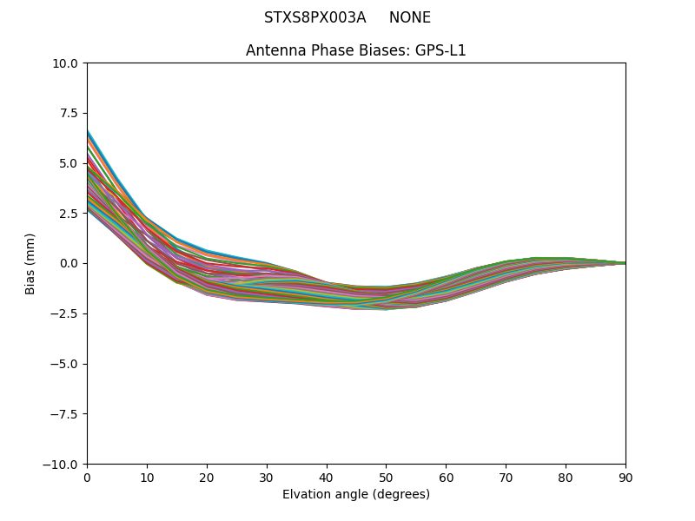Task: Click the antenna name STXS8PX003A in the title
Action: pyautogui.click(x=314, y=18)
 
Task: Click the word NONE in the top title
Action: pyautogui.click(x=409, y=18)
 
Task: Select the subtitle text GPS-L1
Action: pyautogui.click(x=440, y=50)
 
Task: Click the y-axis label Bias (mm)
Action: pyautogui.click(x=30, y=263)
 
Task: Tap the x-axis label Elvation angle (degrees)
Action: pyautogui.click(x=356, y=495)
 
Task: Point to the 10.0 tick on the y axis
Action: pyautogui.click(x=67, y=63)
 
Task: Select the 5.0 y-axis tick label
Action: pyautogui.click(x=69, y=163)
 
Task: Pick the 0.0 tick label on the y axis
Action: pyautogui.click(x=69, y=263)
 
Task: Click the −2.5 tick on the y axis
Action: pyautogui.click(x=66, y=313)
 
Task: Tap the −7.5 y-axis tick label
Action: pyautogui.click(x=66, y=413)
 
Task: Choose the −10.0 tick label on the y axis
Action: pyautogui.click(x=63, y=464)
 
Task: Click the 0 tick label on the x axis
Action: pyautogui.click(x=87, y=477)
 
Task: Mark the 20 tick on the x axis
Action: pyautogui.click(x=207, y=477)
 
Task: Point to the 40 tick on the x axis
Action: pyautogui.click(x=327, y=477)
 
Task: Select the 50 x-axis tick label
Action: pyautogui.click(x=386, y=477)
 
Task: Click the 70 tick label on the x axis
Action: pyautogui.click(x=506, y=477)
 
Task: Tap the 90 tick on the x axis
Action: pyautogui.click(x=625, y=477)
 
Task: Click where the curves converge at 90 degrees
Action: pyautogui.click(x=624, y=263)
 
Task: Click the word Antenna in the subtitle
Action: pyautogui.click(x=271, y=50)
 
